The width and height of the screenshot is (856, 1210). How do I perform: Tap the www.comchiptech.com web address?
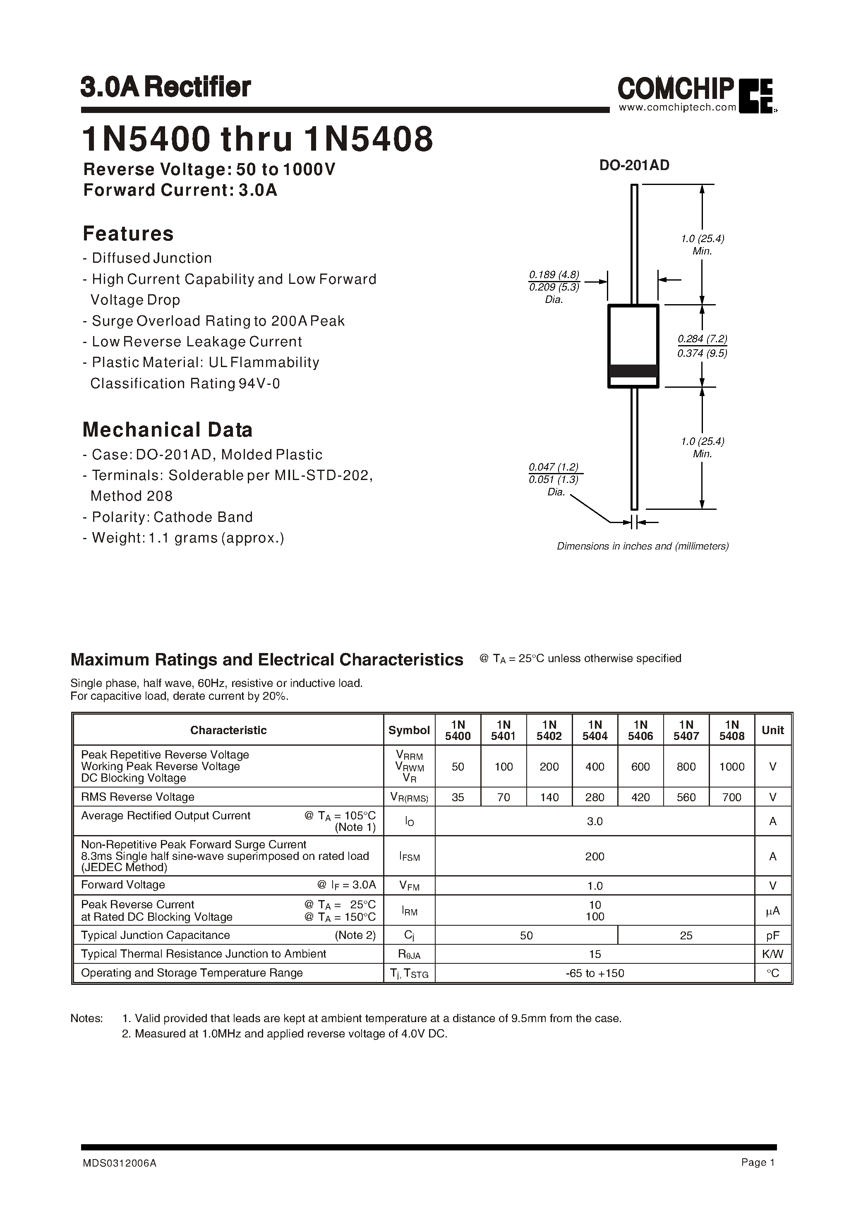[x=677, y=108]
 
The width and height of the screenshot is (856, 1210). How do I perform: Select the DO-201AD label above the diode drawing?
[x=634, y=165]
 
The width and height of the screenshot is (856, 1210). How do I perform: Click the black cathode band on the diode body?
[x=633, y=371]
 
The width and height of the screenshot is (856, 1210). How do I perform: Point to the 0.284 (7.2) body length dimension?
[x=702, y=339]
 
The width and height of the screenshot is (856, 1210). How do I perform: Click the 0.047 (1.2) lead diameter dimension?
[x=554, y=467]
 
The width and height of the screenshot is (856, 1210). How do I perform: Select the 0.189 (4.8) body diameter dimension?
[x=554, y=274]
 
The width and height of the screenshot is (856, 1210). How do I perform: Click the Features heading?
[x=128, y=233]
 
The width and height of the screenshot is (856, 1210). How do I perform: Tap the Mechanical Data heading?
[x=167, y=430]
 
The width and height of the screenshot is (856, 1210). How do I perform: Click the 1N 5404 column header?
[x=595, y=730]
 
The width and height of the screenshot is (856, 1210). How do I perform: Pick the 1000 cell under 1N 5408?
[x=731, y=767]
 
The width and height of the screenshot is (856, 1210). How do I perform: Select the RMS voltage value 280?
[x=595, y=797]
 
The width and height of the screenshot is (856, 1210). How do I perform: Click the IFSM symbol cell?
[x=409, y=857]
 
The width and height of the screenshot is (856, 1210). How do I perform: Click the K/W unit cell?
[x=773, y=954]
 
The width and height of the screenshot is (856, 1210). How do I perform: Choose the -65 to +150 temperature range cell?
[x=595, y=973]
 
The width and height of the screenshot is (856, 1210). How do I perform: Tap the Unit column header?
[x=773, y=730]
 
